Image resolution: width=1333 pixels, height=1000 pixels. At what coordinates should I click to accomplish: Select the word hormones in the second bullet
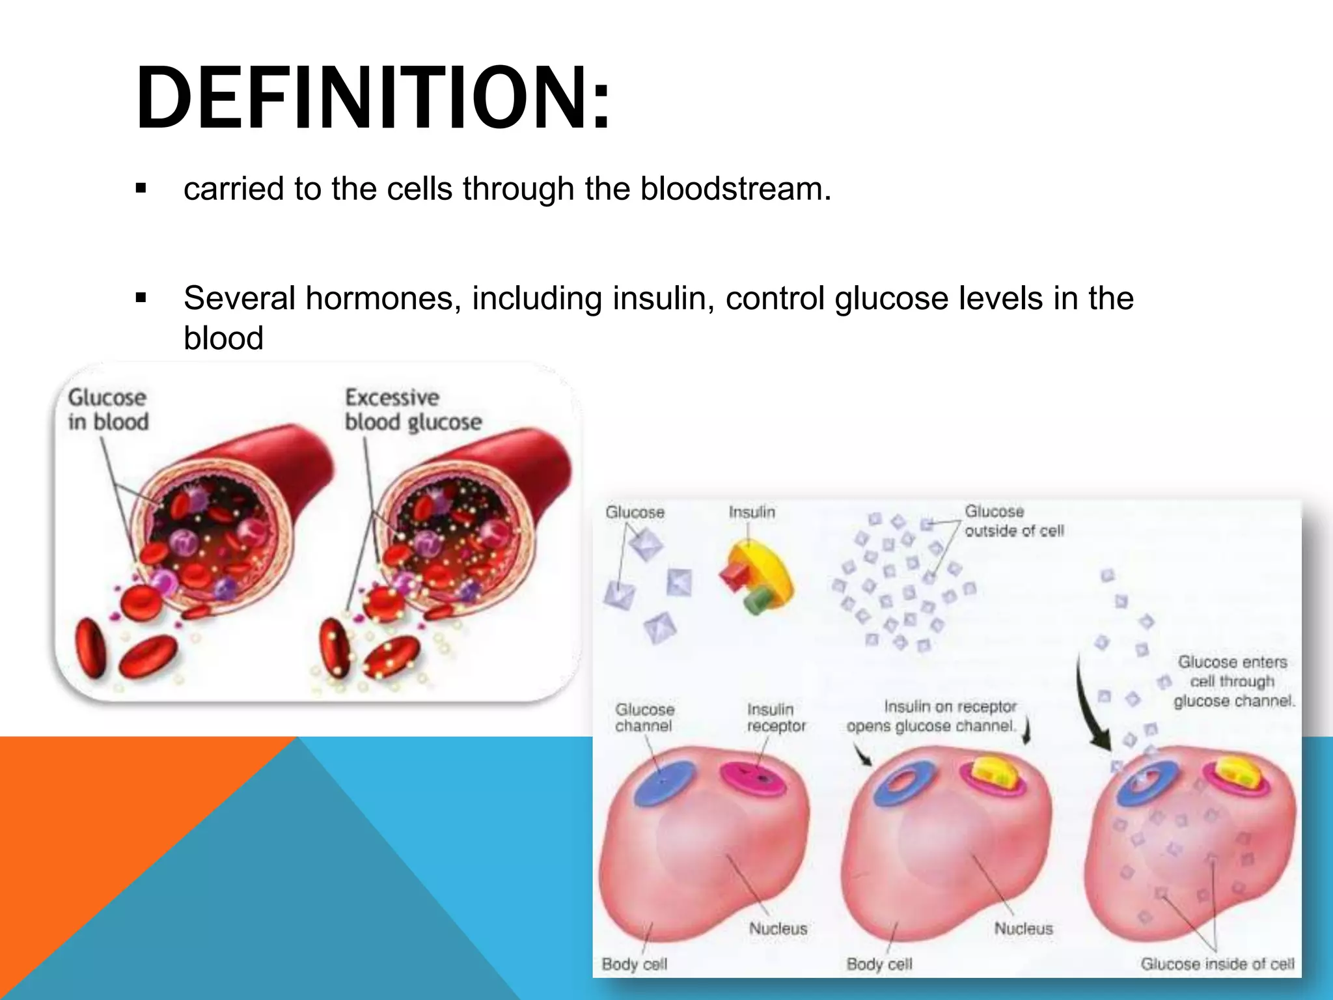coord(381,299)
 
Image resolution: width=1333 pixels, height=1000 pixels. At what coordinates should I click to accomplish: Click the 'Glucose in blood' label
coord(108,410)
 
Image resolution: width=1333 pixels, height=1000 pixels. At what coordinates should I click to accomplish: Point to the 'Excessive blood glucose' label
coord(413,410)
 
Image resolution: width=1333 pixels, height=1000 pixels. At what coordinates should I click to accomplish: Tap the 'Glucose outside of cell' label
coord(1013,521)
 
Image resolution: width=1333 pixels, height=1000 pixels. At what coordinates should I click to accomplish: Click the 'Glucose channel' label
coord(644,717)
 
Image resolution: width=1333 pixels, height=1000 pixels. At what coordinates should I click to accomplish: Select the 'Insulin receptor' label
coord(776,717)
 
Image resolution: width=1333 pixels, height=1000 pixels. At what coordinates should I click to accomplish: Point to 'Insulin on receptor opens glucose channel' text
coord(932,716)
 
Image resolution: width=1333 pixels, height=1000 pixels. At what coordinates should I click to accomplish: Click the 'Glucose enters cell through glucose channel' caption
coord(1233,682)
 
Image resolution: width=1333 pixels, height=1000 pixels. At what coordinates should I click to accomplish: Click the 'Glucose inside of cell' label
coord(1217,964)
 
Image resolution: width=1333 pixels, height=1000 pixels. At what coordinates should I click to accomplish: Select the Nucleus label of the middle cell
coord(1023,929)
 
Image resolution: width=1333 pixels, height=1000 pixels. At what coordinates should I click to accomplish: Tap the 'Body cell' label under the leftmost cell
coord(635,964)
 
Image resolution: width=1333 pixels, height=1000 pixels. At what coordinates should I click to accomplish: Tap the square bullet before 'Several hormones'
coord(141,299)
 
